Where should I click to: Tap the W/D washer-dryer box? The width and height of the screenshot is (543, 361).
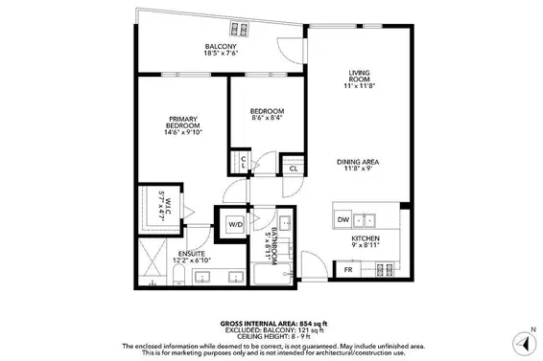click(235, 226)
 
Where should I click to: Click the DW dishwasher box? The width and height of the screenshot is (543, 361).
click(343, 220)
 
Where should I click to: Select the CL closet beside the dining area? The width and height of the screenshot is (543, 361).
click(293, 168)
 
